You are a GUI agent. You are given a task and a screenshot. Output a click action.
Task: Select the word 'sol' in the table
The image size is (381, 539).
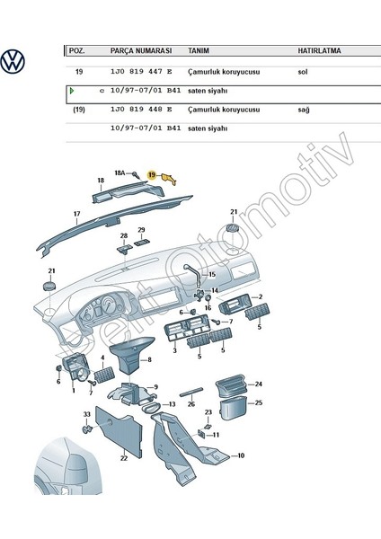pyautogui.click(x=303, y=69)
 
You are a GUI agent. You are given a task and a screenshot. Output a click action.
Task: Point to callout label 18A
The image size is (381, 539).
pyautogui.click(x=120, y=172)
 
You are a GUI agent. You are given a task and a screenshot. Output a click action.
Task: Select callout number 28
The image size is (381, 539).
pyautogui.click(x=125, y=236)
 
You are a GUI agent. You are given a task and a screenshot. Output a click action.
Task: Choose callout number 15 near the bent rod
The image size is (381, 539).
pyautogui.click(x=212, y=274)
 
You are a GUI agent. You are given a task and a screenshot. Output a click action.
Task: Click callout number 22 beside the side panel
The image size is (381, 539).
pyautogui.click(x=123, y=457)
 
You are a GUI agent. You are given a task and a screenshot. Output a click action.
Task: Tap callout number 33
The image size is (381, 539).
pyautogui.click(x=87, y=415)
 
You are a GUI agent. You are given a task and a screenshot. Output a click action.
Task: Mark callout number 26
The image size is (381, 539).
pyautogui.click(x=190, y=404)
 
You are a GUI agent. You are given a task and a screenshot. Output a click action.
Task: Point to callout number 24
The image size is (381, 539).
pyautogui.click(x=258, y=384)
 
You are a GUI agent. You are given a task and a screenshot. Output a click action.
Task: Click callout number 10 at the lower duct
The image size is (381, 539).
pyautogui.click(x=241, y=456)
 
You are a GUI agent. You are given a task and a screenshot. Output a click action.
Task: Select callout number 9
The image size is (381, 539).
pyautogui.click(x=155, y=387)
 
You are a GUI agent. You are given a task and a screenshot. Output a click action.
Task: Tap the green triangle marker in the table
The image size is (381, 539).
pyautogui.click(x=71, y=91)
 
